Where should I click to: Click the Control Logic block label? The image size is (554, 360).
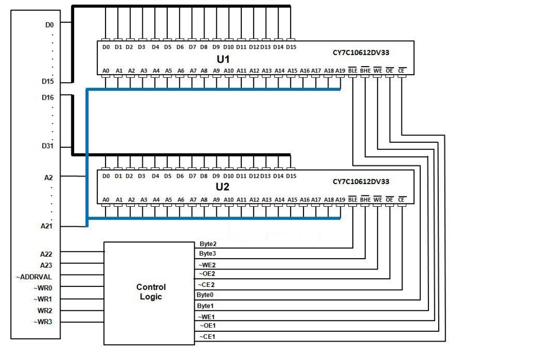pos(151,292)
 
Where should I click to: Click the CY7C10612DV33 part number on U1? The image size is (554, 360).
pos(361,54)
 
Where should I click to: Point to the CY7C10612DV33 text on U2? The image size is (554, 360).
pos(361,182)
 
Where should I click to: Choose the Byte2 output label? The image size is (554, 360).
pos(208,244)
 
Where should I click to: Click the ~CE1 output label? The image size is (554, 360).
pos(208,337)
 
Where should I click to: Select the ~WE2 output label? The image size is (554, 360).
pos(208,264)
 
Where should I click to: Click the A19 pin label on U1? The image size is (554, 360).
pos(340,70)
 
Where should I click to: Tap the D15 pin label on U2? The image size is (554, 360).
pos(291,176)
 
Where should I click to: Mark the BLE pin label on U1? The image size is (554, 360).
pos(353,70)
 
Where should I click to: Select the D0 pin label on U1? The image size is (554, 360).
pos(106,47)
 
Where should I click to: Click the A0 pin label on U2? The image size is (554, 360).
pos(106,200)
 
